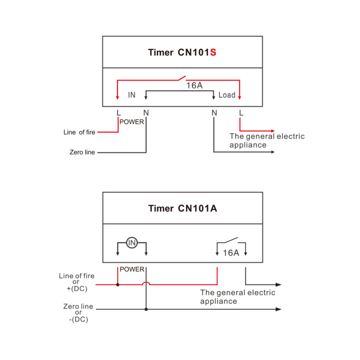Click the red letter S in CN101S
(x=213, y=53)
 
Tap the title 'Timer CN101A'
(x=183, y=209)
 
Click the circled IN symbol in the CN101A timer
(x=132, y=243)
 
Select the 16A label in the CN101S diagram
(x=194, y=86)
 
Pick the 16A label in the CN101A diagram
(x=231, y=253)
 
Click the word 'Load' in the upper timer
(x=227, y=95)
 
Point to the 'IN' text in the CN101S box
(x=132, y=95)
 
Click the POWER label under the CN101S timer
(x=132, y=122)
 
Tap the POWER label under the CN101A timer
(x=132, y=269)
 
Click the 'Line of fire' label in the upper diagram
(x=79, y=132)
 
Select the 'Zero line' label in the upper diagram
(x=82, y=152)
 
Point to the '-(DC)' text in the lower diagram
(x=78, y=319)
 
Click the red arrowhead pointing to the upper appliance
(x=273, y=131)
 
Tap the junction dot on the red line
(x=118, y=284)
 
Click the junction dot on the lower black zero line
(x=146, y=309)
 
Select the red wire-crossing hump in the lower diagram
(x=146, y=283)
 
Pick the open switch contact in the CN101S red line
(x=181, y=77)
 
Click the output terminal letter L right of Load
(x=241, y=113)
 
